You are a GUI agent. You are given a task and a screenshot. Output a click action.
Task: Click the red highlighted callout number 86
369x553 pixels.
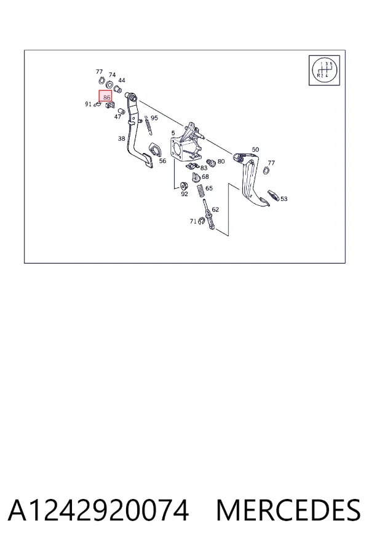point(105,96)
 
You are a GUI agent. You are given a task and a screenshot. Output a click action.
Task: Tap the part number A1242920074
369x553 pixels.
point(98,511)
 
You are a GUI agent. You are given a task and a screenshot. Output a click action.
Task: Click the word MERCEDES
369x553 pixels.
point(288,511)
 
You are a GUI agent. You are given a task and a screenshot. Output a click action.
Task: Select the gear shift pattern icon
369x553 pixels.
point(324,70)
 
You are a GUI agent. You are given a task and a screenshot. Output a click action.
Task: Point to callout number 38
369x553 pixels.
point(122,139)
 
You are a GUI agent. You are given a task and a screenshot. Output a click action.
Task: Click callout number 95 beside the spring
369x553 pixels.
point(154,118)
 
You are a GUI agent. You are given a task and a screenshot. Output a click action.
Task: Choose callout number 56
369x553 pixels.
point(162,161)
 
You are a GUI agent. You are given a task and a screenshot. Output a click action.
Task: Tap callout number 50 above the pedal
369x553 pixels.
point(255,149)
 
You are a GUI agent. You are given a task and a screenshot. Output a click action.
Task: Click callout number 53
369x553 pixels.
point(284,198)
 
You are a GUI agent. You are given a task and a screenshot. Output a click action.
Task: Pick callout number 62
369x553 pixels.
point(215,209)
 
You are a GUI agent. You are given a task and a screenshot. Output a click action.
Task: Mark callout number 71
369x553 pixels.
point(192,221)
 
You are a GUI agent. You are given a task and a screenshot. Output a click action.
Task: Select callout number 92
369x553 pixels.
point(184,194)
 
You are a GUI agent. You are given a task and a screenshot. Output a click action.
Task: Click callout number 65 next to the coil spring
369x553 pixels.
point(209,188)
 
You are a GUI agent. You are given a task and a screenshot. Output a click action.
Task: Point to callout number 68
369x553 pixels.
point(205,176)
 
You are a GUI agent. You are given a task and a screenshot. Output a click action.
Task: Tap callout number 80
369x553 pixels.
point(221,161)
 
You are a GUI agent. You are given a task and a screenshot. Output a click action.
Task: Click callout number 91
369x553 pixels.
point(89,104)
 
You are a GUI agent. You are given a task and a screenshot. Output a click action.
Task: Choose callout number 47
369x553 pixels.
point(117,117)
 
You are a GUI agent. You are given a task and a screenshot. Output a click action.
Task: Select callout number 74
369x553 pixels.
point(112,75)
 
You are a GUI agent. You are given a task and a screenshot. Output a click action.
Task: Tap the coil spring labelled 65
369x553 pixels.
point(201,191)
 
